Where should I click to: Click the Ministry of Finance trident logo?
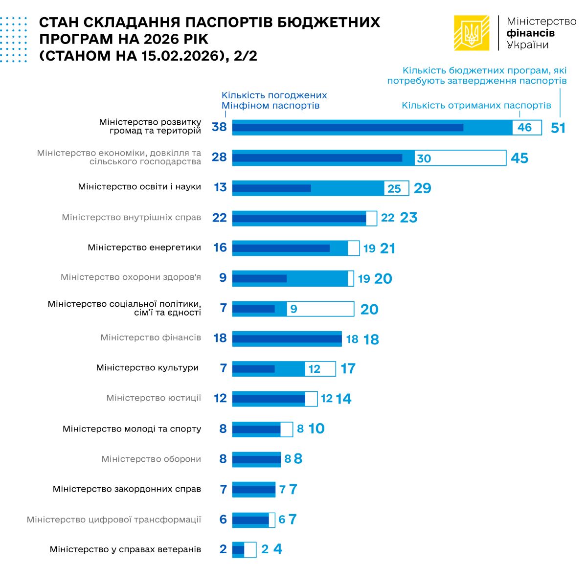click(472, 33)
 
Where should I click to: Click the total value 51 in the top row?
click(558, 128)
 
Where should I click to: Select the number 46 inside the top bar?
click(524, 128)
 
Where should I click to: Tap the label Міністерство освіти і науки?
click(139, 187)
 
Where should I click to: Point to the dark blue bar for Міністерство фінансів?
click(287, 339)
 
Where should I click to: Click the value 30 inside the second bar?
click(424, 158)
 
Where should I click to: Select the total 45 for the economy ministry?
click(519, 158)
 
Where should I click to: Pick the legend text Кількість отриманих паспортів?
click(476, 105)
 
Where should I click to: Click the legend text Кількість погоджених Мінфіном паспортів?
click(274, 100)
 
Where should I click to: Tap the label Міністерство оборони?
click(151, 459)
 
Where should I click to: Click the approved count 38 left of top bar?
click(219, 127)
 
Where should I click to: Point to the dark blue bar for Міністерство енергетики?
click(281, 248)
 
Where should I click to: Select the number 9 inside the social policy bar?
click(293, 309)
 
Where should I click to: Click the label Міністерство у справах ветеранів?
click(125, 549)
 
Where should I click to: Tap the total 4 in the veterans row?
click(278, 549)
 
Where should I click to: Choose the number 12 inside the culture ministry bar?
click(314, 369)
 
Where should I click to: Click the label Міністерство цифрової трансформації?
click(114, 519)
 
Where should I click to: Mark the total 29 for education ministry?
click(423, 188)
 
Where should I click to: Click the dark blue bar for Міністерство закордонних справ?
click(253, 489)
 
